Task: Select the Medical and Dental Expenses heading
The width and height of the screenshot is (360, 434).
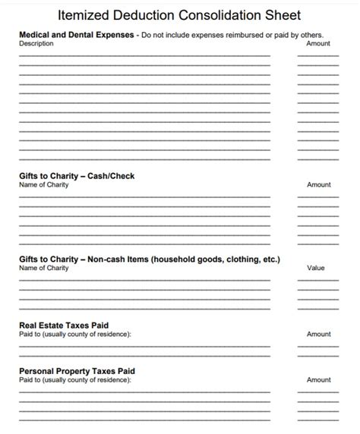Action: point(77,35)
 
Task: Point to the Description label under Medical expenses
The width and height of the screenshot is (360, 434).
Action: point(36,44)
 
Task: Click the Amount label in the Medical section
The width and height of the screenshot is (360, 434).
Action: point(318,44)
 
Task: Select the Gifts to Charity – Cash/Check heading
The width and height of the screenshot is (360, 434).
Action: point(77,176)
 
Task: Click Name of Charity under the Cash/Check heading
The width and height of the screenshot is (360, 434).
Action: point(43,185)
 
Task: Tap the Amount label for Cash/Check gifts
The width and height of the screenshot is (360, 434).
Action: point(318,185)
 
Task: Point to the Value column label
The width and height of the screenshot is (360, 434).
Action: point(315,268)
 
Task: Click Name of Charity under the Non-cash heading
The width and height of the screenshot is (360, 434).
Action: point(43,268)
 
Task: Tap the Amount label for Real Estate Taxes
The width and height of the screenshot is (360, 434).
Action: point(318,334)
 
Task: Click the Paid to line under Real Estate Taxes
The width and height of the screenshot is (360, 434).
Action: point(74,334)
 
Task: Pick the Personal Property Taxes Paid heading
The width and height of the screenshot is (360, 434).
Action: point(77,371)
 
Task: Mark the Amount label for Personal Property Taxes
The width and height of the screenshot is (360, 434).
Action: point(318,379)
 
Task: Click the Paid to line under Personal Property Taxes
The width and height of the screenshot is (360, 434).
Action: point(74,379)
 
